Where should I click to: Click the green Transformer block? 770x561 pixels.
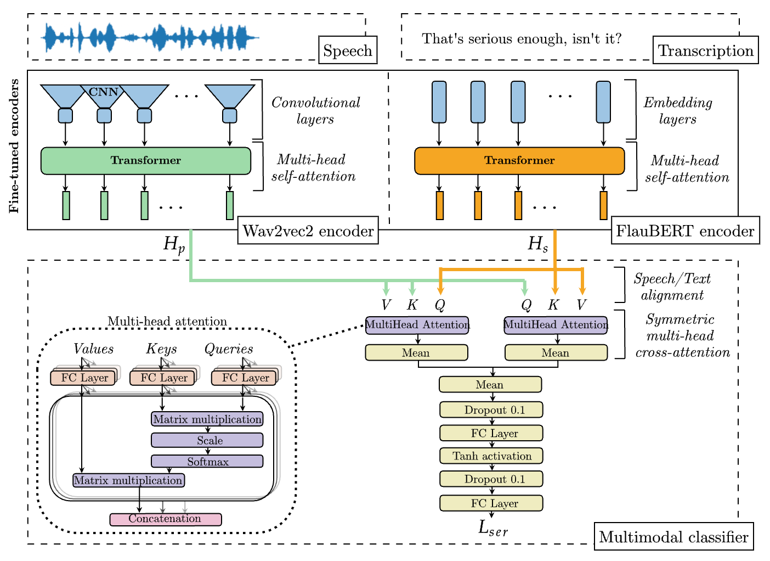[x=146, y=161]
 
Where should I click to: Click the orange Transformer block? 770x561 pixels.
[x=519, y=161]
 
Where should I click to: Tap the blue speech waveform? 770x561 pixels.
[x=149, y=38]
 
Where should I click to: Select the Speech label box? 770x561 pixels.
[x=348, y=51]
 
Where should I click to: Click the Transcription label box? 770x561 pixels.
[x=705, y=51]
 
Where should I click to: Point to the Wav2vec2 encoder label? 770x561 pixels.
[x=308, y=231]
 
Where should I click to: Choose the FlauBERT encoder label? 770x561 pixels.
[x=685, y=231]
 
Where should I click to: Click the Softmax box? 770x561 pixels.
[x=207, y=462]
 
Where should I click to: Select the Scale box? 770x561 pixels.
[x=207, y=440]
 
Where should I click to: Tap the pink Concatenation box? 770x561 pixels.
[x=165, y=519]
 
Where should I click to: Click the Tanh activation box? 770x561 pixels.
[x=491, y=456]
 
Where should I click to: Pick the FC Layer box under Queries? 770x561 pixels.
[x=245, y=378]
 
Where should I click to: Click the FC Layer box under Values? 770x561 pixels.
[x=83, y=378]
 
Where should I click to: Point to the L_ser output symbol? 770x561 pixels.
[x=492, y=528]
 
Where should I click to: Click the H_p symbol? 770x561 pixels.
[x=174, y=244]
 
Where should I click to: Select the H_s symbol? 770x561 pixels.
[x=537, y=244]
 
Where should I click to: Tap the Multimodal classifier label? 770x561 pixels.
[x=673, y=537]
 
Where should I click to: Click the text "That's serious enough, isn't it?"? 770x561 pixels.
[x=522, y=39]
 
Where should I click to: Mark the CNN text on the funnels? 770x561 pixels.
[x=104, y=92]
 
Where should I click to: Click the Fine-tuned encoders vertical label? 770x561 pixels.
[x=14, y=146]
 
